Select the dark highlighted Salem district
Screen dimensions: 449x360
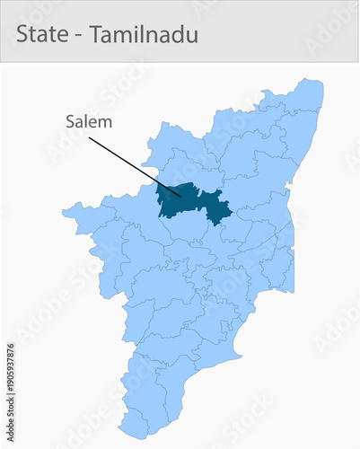pyautogui.click(x=180, y=199)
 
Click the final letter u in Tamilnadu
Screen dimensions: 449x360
pyautogui.click(x=193, y=37)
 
